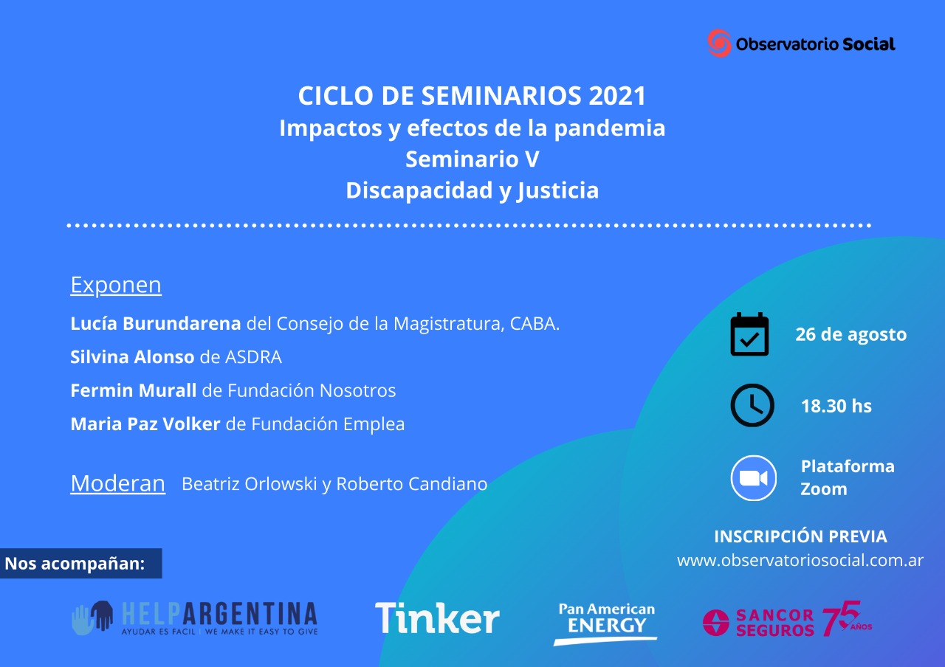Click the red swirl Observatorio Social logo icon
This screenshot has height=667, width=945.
[719, 43]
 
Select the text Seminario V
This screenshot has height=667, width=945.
[472, 159]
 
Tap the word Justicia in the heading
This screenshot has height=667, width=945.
[557, 190]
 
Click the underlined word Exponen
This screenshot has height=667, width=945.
[116, 285]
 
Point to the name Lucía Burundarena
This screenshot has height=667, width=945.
[155, 324]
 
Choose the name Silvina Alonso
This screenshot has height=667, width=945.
[132, 357]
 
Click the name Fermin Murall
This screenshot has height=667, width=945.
[134, 390]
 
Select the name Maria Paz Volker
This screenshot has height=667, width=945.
[145, 424]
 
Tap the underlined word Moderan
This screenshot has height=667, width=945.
[117, 483]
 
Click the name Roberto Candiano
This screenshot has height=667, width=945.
[411, 484]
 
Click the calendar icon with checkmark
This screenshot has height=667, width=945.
[749, 334]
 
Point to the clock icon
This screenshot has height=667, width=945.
[752, 405]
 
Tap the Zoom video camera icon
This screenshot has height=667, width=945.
[753, 478]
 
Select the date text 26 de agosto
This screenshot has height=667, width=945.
[850, 334]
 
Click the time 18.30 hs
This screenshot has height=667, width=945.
[836, 406]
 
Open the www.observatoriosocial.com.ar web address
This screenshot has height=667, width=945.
[800, 560]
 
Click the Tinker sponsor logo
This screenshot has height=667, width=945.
[437, 618]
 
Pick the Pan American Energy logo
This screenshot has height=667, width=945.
[606, 623]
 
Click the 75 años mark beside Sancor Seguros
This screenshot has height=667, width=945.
[847, 618]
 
